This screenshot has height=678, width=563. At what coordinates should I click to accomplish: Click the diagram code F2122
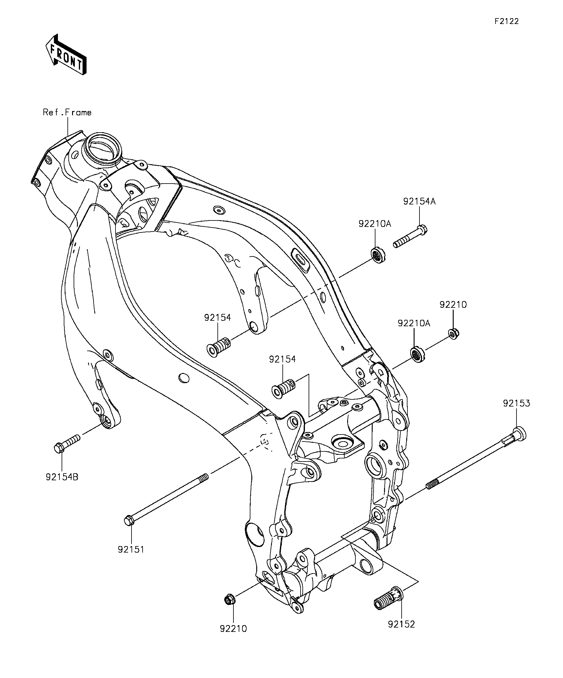point(506,21)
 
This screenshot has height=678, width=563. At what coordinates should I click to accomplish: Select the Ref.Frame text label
point(67,112)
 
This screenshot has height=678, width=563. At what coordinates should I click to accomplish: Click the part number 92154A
point(419,201)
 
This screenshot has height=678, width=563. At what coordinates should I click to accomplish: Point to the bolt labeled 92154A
point(410,236)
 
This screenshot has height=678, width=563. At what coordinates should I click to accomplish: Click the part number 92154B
point(62,477)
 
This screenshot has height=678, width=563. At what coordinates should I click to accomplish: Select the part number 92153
point(516,403)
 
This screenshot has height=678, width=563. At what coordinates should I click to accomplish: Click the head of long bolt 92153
point(519,433)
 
